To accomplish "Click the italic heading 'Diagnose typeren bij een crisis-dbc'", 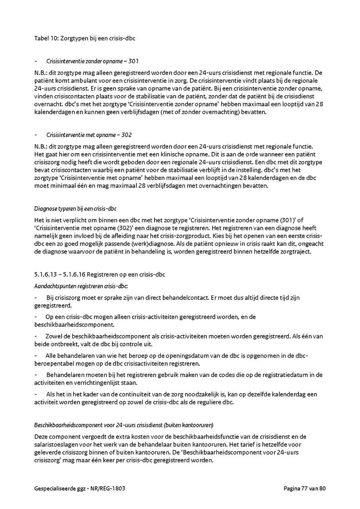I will point(76,209).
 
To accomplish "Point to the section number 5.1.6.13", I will point(46,275).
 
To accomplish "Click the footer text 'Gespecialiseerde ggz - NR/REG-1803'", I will point(82,488).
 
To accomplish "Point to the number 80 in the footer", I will point(323,488).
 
